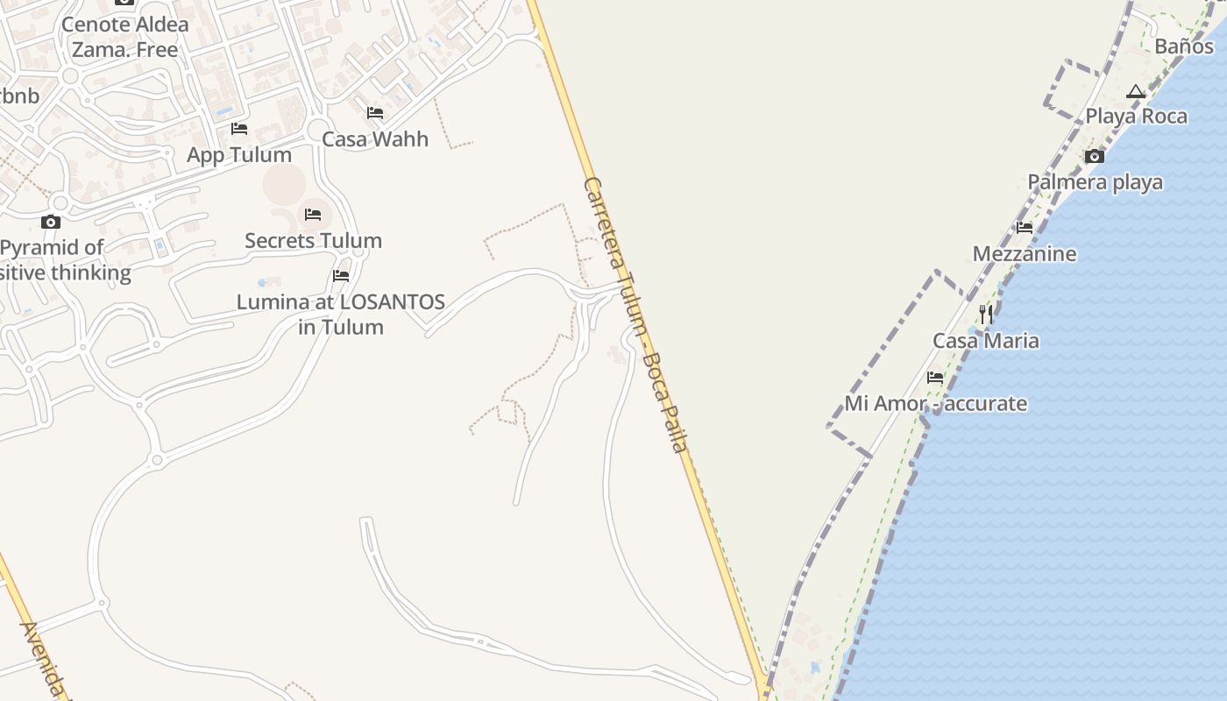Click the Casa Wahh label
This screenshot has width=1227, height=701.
[375, 138]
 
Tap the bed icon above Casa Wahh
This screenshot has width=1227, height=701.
[375, 113]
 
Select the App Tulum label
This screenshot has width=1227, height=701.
[239, 155]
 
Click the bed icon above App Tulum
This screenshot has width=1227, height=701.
[239, 129]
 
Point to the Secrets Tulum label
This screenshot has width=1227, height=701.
[313, 240]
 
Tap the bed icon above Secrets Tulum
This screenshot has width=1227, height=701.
[313, 215]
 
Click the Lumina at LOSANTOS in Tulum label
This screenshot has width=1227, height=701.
[341, 315]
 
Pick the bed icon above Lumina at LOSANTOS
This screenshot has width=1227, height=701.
[341, 276]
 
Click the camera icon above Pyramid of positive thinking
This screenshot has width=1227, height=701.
[51, 222]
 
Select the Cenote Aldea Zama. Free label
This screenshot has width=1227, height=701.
[125, 37]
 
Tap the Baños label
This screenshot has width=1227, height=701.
[1184, 46]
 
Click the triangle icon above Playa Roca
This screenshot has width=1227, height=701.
[1136, 91]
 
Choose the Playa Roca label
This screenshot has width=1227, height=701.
[1136, 116]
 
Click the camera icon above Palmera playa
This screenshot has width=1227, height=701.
[1095, 157]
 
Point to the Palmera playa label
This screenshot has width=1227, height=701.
[1095, 182]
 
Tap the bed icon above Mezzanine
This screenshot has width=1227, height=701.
[1025, 228]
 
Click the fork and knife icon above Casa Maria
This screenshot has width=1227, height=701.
[986, 315]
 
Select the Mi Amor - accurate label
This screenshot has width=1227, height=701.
[935, 404]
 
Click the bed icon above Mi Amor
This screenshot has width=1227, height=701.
[935, 379]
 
